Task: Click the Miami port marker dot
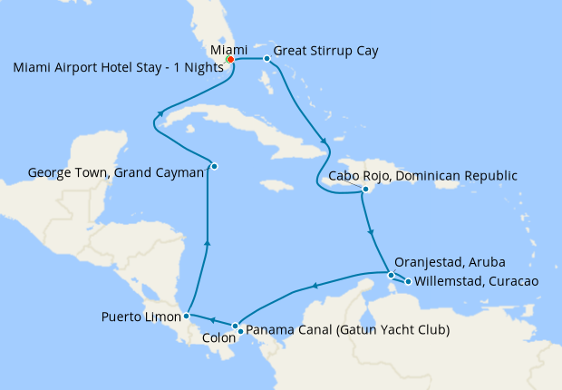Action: [230, 60]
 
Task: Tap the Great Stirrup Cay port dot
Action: [266, 58]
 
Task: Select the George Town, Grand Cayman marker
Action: [214, 165]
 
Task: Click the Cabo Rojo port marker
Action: [365, 190]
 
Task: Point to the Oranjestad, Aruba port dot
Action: [391, 275]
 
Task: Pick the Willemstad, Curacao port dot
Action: [408, 281]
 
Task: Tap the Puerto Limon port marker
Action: [186, 317]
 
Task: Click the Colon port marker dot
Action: [235, 327]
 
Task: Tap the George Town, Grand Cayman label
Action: [115, 171]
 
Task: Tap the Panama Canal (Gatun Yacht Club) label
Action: [347, 330]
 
